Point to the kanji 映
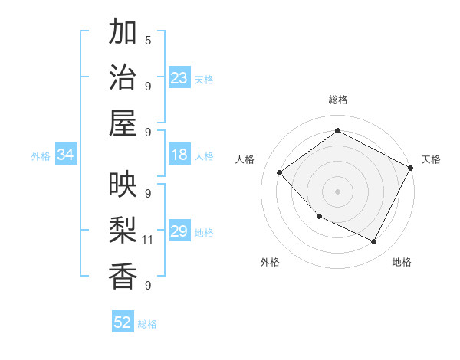pos(123,185)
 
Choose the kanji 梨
pos(123,230)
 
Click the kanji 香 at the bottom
pos(123,276)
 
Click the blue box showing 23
pos(179,78)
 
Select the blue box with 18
pos(179,155)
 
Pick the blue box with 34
pos(65,155)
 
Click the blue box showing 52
pos(123,323)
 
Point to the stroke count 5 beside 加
pos(148,40)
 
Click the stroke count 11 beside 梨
pos(148,240)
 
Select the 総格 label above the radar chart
pos(337,100)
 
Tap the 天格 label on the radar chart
pos(431,159)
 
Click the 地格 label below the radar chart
pos(402,262)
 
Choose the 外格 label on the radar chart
pos(270,262)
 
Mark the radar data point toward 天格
pos(411,168)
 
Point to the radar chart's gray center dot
pos(337,191)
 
